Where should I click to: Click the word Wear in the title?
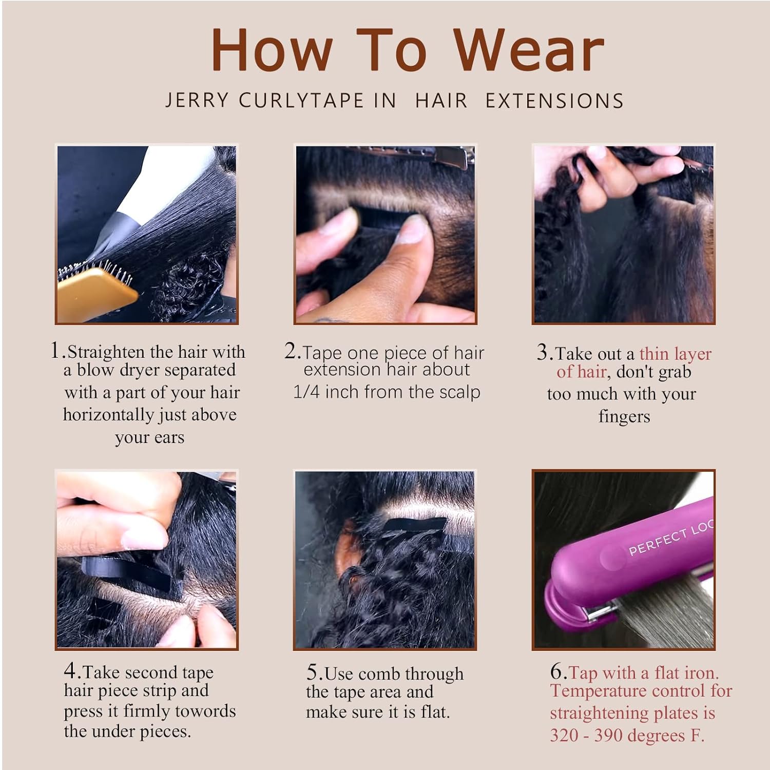[x=529, y=50]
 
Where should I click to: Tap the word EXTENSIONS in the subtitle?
[x=554, y=101]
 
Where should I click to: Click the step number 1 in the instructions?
[x=56, y=351]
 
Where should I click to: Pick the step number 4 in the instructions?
[x=70, y=671]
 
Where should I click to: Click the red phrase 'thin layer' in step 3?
[x=676, y=354]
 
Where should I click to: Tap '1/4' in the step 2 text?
[x=306, y=392]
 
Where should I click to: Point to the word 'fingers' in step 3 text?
[x=624, y=417]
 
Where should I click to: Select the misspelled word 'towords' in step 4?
[x=206, y=711]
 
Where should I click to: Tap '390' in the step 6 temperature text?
[x=611, y=736]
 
